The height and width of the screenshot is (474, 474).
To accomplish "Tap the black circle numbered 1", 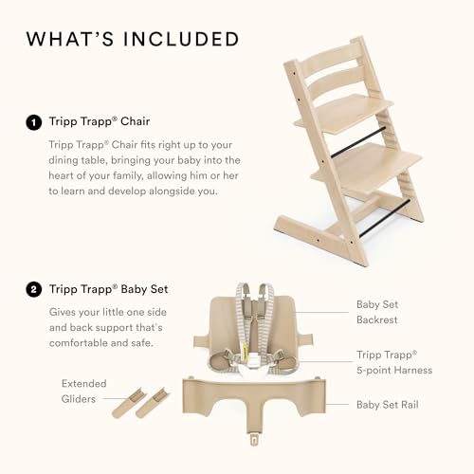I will pos(34,122).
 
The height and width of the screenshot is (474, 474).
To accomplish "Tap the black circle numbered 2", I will pos(34,290).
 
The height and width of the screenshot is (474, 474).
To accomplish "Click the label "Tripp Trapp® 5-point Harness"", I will pos(393,363).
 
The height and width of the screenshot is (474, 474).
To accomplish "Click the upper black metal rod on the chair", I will pos(358,141).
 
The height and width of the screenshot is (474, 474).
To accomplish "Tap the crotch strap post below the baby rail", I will pos(252,438).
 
